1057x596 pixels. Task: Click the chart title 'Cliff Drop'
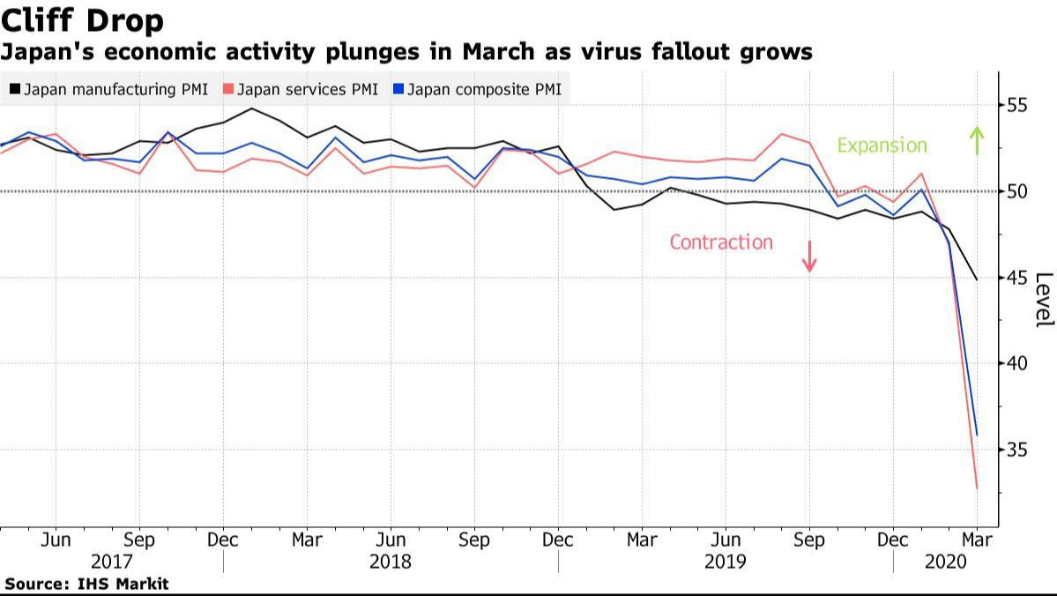[82, 20]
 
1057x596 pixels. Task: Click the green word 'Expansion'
[882, 145]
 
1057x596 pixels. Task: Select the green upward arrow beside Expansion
[976, 141]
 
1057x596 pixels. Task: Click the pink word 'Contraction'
[721, 242]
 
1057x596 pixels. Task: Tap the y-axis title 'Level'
[1043, 300]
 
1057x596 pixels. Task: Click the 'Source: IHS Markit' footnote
[86, 584]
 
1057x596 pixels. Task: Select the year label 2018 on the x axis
[391, 562]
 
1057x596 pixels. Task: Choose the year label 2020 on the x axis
[946, 562]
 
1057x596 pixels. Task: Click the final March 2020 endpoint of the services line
[977, 488]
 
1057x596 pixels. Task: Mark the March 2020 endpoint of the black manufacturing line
[977, 279]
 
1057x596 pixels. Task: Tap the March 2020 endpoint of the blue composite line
[977, 434]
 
